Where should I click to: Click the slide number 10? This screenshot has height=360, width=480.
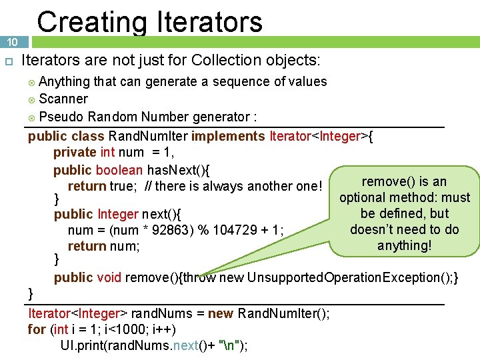(12, 42)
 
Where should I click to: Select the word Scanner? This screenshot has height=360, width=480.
(63, 99)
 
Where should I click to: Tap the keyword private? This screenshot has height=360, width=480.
(75, 153)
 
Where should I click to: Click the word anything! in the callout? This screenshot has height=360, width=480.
(404, 245)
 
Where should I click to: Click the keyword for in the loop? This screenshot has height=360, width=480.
(37, 329)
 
